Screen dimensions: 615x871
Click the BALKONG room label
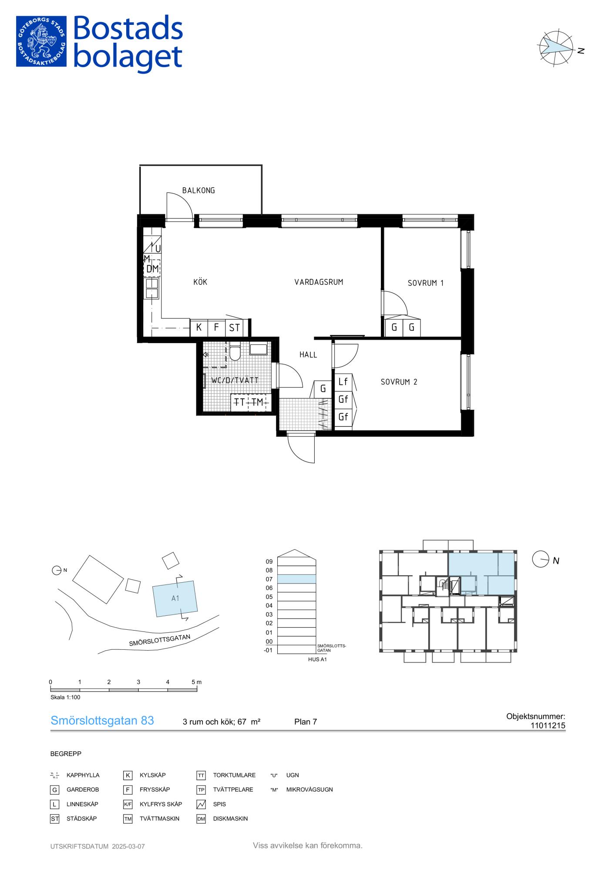[x=198, y=190]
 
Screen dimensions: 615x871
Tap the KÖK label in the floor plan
[x=200, y=282]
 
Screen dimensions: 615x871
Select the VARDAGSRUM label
[x=319, y=282]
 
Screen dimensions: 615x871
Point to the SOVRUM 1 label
[x=426, y=283]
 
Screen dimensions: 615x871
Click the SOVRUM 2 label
[x=399, y=382]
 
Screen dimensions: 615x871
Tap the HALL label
[x=308, y=354]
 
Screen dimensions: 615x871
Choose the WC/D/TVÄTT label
[x=235, y=380]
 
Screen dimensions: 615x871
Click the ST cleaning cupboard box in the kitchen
[x=234, y=328]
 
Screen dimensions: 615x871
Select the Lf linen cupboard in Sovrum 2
[x=343, y=381]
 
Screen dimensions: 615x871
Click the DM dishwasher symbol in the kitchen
[x=152, y=269]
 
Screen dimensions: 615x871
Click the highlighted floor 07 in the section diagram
[x=297, y=579]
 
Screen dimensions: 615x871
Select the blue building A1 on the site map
[x=175, y=598]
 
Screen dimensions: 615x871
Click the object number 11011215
[x=548, y=726]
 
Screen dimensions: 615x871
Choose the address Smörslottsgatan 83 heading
[x=102, y=721]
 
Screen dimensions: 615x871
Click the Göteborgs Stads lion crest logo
[x=41, y=41]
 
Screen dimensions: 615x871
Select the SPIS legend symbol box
[x=201, y=804]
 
